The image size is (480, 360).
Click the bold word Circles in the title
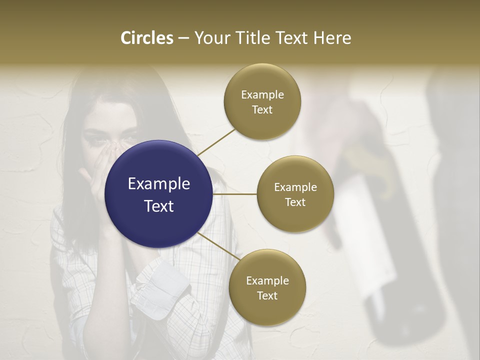tap(146, 38)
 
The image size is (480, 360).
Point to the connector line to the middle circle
tap(235, 194)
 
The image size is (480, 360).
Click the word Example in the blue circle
tap(159, 183)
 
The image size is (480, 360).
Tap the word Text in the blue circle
tap(159, 205)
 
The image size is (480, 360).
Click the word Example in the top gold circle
tap(262, 94)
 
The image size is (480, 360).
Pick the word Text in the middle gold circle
tap(295, 202)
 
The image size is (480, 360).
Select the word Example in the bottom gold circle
tap(267, 280)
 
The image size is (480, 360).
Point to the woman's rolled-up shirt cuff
tap(160, 285)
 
